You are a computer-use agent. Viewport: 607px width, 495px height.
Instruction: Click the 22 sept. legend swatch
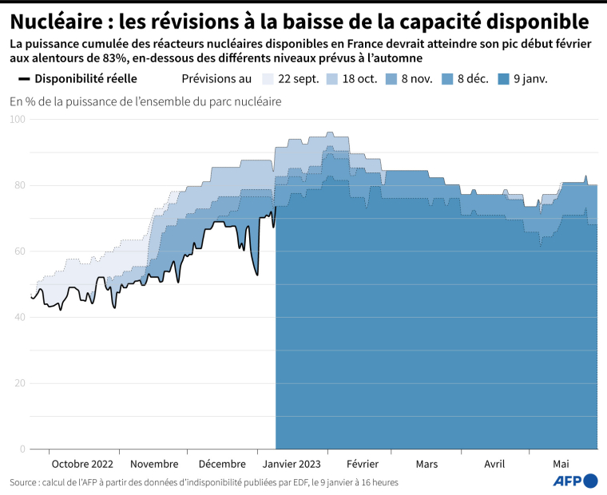click(268, 79)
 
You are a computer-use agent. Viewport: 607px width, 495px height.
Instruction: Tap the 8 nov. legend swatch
click(391, 79)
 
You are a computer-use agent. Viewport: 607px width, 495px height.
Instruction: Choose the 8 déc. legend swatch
click(447, 79)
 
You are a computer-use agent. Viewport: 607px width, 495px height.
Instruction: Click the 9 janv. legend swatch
click(503, 79)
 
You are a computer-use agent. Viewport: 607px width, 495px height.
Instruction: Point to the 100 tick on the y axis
click(18, 119)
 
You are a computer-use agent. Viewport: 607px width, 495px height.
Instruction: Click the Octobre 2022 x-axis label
click(81, 464)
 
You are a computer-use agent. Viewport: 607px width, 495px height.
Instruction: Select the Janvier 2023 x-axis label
click(292, 464)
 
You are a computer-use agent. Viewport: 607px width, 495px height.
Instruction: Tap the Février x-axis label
click(362, 464)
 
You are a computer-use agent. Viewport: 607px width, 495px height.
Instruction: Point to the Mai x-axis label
click(561, 464)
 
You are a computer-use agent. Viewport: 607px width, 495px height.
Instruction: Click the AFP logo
click(575, 481)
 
